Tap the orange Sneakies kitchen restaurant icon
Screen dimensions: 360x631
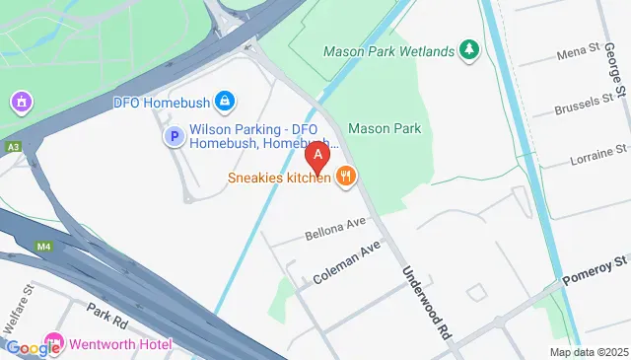(345, 177)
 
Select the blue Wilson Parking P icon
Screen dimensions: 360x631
(174, 137)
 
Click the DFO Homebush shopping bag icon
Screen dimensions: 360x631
(225, 101)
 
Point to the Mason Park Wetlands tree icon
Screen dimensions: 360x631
(470, 49)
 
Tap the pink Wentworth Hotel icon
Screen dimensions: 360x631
(52, 344)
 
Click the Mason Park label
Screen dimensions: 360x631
(385, 128)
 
